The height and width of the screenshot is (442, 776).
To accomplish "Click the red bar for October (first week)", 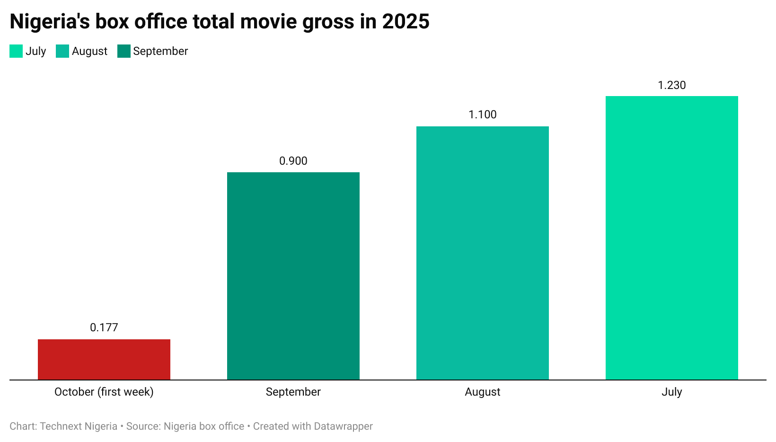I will tap(104, 359).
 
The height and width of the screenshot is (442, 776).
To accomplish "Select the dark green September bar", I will tap(293, 275).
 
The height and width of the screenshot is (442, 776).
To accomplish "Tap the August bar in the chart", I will tap(483, 253).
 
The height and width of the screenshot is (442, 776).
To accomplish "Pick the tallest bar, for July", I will tap(672, 238).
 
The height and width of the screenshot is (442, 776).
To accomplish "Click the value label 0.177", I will tap(104, 327).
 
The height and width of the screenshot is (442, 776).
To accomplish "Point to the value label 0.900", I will tap(293, 161).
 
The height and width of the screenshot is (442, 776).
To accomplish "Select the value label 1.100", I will tap(483, 115).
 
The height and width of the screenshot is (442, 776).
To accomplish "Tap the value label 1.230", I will tap(672, 85).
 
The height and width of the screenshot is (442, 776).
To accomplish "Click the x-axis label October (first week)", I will tap(104, 392).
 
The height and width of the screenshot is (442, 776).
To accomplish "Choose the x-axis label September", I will tap(293, 392).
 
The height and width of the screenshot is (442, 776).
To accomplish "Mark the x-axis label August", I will tap(483, 392).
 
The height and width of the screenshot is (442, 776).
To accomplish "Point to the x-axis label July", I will tap(672, 392).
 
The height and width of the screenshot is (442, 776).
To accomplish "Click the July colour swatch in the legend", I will tap(16, 51).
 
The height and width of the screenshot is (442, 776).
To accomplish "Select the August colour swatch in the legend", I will tap(62, 51).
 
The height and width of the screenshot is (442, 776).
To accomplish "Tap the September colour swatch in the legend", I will tap(124, 51).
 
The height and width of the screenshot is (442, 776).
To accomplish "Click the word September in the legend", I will tap(160, 51).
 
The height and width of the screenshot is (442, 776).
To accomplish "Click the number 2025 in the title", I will tap(406, 21).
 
